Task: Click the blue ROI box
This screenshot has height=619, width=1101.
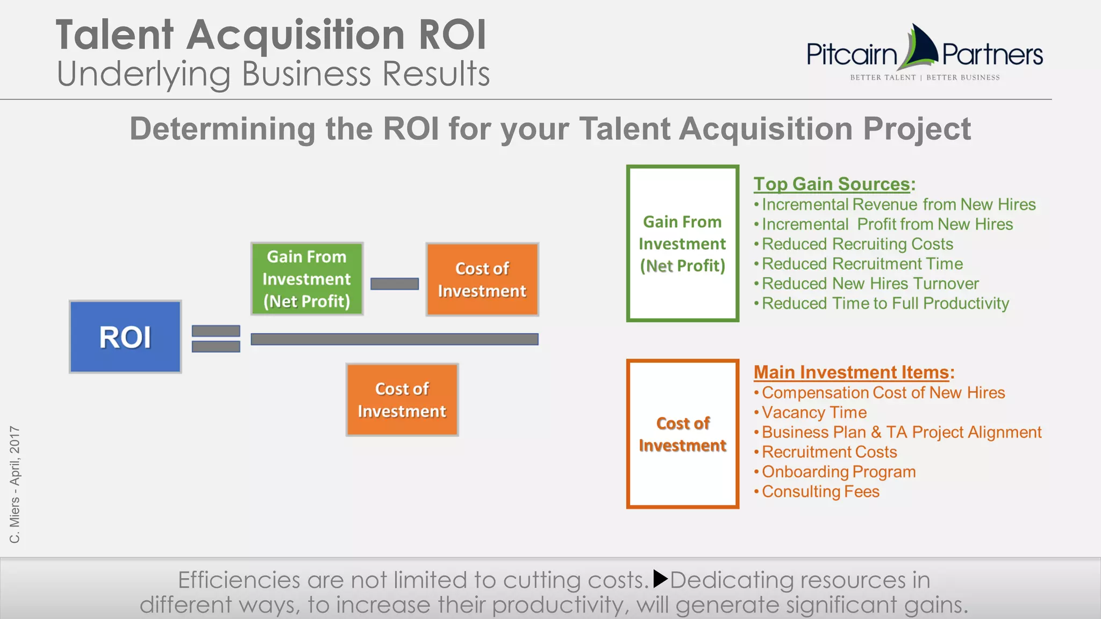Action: tap(125, 337)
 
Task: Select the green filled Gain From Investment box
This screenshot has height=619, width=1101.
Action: tap(307, 279)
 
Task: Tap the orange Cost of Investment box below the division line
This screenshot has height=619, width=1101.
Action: tap(402, 400)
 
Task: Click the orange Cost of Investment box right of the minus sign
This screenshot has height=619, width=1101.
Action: tap(482, 279)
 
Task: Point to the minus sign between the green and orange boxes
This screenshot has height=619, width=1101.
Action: tap(395, 284)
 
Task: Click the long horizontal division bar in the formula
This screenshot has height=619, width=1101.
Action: tap(395, 339)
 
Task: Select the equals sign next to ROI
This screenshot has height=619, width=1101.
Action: tap(216, 339)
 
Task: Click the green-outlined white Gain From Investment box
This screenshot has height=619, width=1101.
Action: tap(682, 244)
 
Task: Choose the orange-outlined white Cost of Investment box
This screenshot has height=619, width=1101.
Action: tap(682, 434)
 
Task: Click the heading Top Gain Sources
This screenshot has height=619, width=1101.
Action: tap(833, 184)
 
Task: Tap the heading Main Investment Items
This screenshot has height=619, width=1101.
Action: tap(853, 372)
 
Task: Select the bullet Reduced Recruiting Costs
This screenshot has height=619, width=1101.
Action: tap(857, 244)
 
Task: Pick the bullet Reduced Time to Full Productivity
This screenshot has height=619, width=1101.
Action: tap(885, 304)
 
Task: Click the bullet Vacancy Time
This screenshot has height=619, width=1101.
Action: tap(814, 413)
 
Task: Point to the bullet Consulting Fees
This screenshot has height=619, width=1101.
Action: tap(820, 492)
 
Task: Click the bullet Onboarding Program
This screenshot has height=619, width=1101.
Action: tap(838, 472)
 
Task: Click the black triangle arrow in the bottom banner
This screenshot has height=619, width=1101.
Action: tap(660, 579)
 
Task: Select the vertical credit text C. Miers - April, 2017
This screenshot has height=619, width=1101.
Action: tap(15, 484)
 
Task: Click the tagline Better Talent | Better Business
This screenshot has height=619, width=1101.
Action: tap(925, 77)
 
